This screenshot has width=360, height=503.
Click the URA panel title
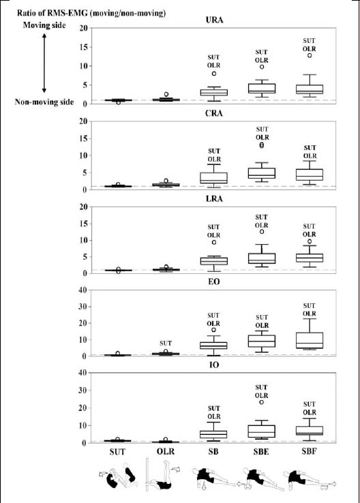click(214, 20)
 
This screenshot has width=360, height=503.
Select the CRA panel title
click(213, 113)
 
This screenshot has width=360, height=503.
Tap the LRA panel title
click(214, 198)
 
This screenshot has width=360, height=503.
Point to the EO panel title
click(214, 281)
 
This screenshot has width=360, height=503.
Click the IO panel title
click(214, 365)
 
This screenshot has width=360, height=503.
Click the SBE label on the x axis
click(261, 452)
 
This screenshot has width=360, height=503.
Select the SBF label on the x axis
click(309, 451)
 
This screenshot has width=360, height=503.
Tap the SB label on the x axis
click(213, 452)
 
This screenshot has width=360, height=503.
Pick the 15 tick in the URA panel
click(83, 47)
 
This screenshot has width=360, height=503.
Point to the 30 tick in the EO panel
click(83, 307)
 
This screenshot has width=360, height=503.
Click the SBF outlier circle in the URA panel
click(310, 55)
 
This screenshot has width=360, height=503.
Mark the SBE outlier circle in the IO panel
click(262, 402)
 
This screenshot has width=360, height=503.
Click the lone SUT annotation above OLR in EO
click(166, 344)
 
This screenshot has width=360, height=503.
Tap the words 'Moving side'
click(44, 25)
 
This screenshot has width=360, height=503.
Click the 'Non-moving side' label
click(44, 102)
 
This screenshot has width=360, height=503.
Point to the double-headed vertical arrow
click(44, 63)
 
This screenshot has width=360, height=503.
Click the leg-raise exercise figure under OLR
click(162, 475)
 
